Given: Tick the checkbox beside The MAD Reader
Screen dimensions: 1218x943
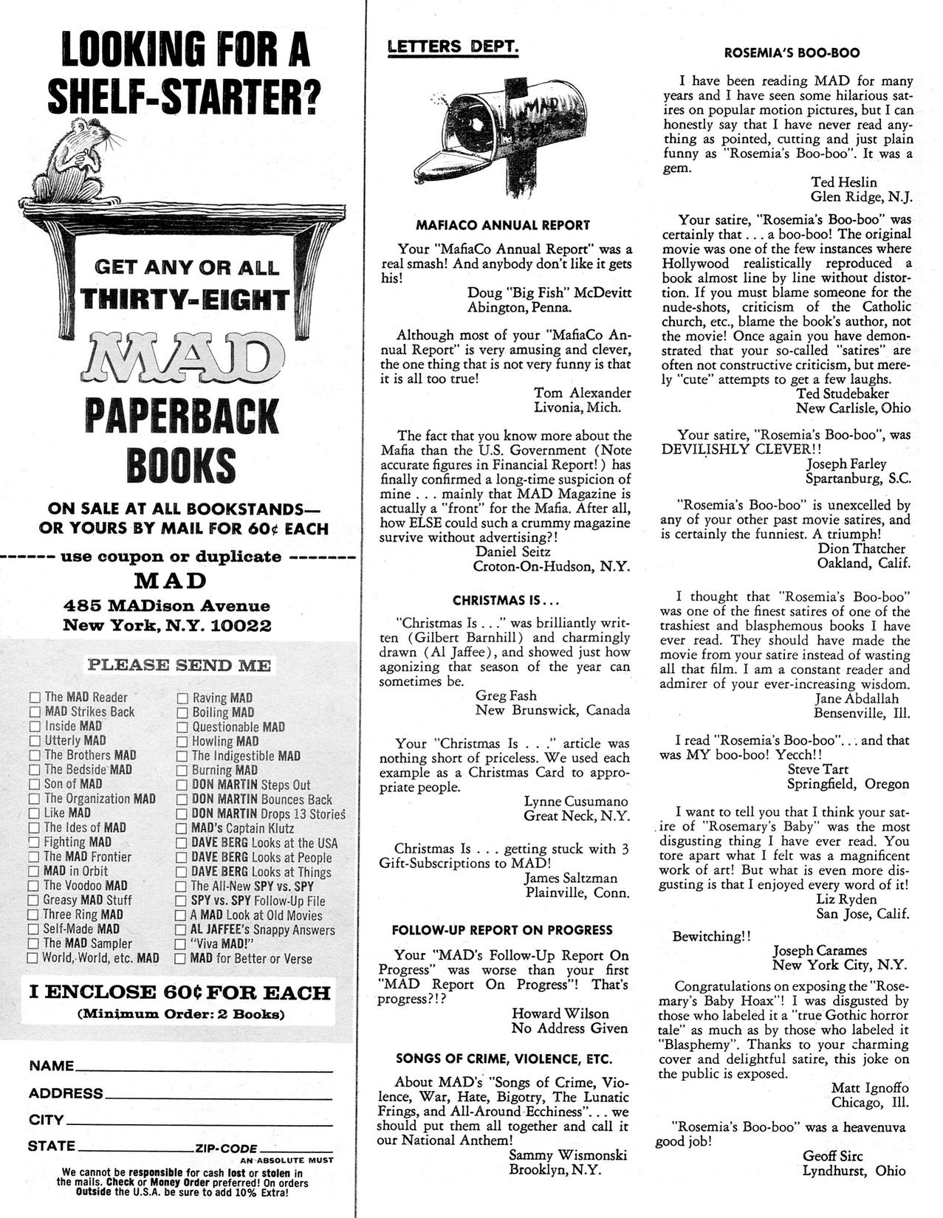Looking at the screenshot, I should pyautogui.click(x=34, y=698).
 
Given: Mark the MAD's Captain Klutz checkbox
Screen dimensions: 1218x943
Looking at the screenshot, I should pyautogui.click(x=182, y=828).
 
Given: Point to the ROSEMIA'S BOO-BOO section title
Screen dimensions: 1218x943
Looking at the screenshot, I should pyautogui.click(x=791, y=53).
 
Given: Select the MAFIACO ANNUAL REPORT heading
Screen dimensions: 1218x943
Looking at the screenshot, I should pyautogui.click(x=503, y=225).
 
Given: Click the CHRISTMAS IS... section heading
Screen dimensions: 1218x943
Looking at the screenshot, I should pyautogui.click(x=506, y=600).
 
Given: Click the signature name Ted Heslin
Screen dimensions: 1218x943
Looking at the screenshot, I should pyautogui.click(x=843, y=182).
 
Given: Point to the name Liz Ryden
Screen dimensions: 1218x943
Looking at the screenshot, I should pyautogui.click(x=846, y=899).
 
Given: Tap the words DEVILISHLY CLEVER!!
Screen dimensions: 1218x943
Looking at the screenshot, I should pyautogui.click(x=741, y=450).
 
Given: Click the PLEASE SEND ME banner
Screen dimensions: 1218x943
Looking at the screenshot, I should pyautogui.click(x=179, y=665).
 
